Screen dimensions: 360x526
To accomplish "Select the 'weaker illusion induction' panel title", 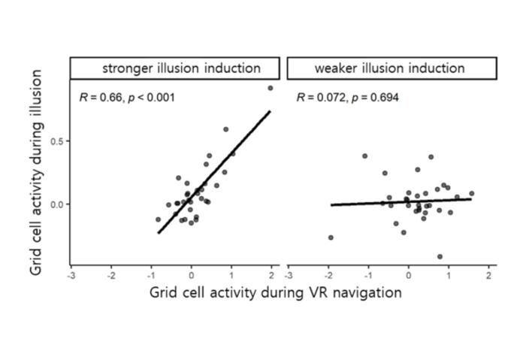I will click(389, 68).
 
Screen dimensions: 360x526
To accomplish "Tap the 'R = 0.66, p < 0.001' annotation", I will click(127, 97).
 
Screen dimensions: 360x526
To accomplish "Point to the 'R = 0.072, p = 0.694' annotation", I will click(347, 97).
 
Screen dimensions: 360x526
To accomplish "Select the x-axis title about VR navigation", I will click(275, 292).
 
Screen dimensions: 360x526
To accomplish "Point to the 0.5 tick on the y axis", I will click(60, 141).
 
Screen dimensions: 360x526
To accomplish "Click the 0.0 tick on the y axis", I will click(60, 204).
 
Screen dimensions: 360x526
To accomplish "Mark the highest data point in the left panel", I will click(271, 88).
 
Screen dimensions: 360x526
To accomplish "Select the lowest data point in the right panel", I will click(440, 256).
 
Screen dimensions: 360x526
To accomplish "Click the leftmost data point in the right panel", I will click(331, 237).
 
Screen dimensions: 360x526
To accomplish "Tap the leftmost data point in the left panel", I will click(158, 219).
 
